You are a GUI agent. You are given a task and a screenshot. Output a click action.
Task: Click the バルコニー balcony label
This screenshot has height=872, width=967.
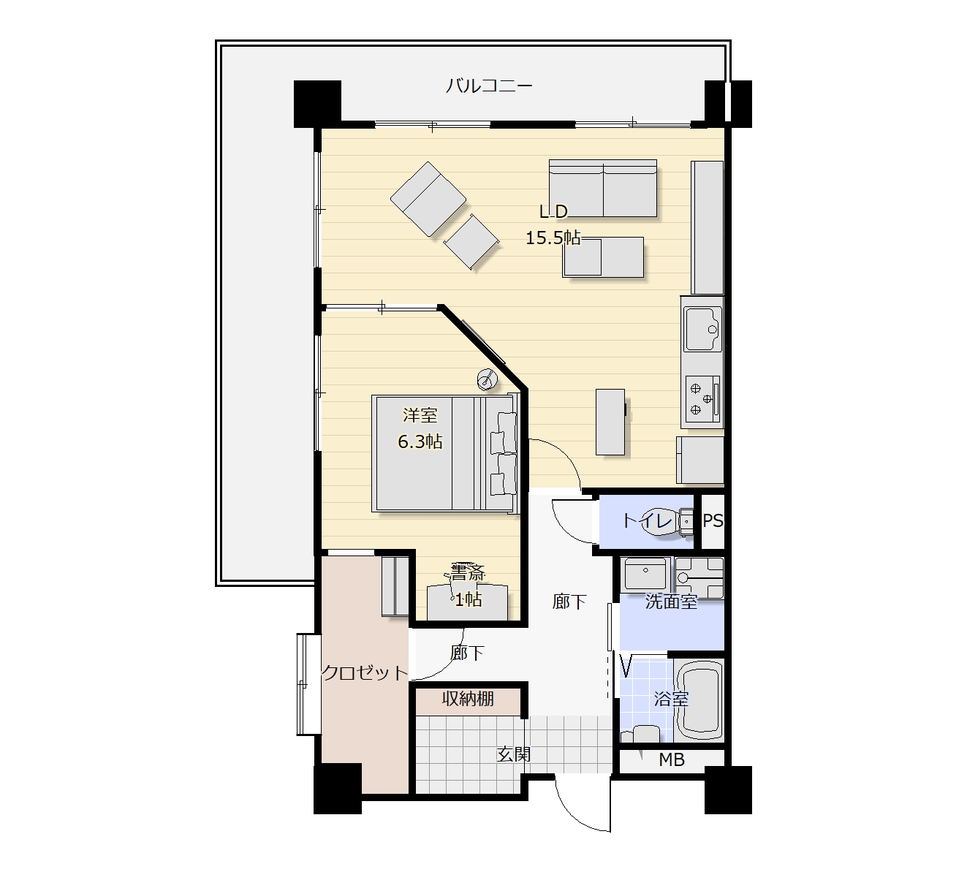click(489, 86)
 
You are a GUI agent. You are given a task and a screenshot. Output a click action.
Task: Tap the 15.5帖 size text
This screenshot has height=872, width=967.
click(553, 238)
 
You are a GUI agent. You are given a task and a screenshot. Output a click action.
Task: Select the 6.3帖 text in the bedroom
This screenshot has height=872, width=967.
click(420, 441)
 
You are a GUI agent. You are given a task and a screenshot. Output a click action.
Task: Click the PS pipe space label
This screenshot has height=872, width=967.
click(713, 521)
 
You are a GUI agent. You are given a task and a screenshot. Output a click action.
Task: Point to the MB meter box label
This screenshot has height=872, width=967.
click(672, 760)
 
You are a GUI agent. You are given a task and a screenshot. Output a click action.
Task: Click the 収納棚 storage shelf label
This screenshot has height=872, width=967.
click(468, 699)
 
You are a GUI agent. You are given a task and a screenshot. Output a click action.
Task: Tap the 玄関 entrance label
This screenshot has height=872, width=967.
click(514, 754)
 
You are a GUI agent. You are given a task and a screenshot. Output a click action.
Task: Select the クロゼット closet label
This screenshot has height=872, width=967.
click(365, 672)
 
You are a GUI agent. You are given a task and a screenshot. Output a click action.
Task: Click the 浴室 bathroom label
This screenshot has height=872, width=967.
click(671, 699)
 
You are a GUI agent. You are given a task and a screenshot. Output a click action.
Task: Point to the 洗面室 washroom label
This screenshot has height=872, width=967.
click(672, 602)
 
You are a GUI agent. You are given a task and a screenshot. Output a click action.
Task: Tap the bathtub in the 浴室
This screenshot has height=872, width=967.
click(700, 700)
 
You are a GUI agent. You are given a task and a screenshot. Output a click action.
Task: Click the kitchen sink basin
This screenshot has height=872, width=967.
click(703, 330)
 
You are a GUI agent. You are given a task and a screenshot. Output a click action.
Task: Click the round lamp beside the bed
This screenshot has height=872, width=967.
click(487, 379)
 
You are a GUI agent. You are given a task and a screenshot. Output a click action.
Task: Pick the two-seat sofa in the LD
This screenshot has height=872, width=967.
click(603, 189)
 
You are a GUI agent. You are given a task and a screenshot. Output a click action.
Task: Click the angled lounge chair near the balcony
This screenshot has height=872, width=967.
click(428, 200)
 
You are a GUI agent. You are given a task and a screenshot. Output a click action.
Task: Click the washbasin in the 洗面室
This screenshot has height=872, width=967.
click(645, 574)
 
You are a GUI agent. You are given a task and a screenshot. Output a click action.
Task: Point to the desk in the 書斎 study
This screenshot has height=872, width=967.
click(467, 602)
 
